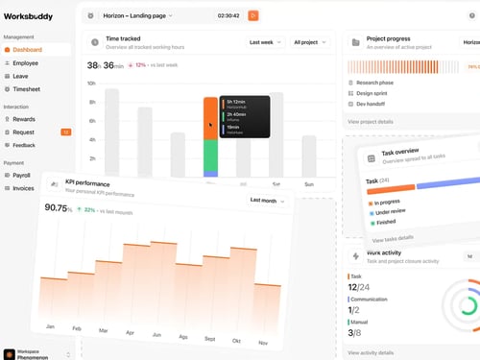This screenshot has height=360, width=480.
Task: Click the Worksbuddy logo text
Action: (x=30, y=15)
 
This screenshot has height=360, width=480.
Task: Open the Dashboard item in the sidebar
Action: (x=28, y=49)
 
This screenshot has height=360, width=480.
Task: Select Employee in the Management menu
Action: (x=27, y=62)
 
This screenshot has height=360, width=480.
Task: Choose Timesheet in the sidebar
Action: (x=28, y=88)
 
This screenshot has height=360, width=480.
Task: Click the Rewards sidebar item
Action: (x=25, y=119)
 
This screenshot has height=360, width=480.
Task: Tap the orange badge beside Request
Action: (x=65, y=132)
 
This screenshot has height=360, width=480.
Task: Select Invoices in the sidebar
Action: (x=24, y=188)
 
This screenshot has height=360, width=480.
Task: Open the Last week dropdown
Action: (x=265, y=42)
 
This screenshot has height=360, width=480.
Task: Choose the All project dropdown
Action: (x=309, y=42)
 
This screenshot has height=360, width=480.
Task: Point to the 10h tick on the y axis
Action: (x=92, y=84)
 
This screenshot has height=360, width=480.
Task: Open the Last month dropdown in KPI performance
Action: (x=267, y=201)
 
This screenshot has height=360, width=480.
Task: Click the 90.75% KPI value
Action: (x=58, y=208)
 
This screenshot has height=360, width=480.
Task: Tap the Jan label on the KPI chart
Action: (x=49, y=326)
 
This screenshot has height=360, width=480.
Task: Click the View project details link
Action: (x=371, y=122)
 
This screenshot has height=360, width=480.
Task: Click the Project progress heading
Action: (x=390, y=40)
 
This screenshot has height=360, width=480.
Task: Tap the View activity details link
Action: (x=372, y=352)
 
